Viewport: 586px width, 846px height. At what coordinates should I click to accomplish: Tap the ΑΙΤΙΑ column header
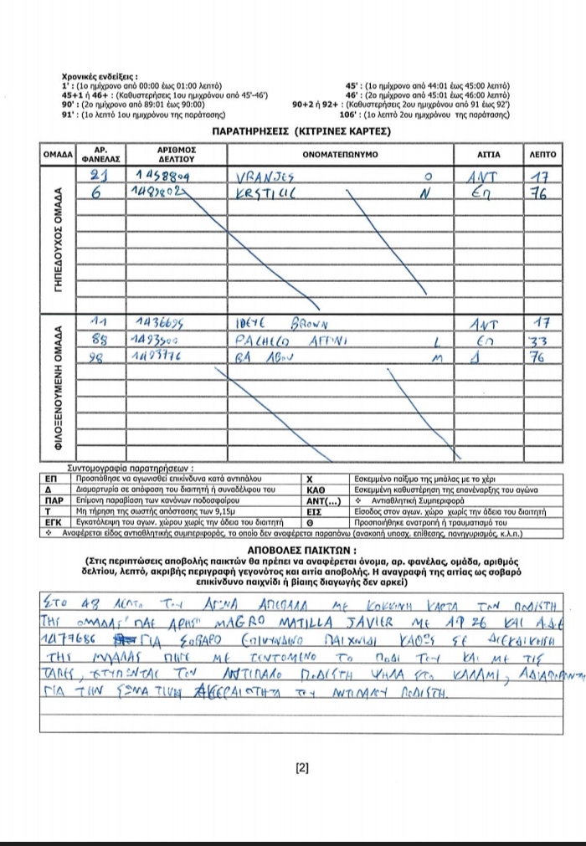pyautogui.click(x=489, y=155)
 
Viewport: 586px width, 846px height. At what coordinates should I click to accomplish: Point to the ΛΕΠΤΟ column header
pyautogui.click(x=542, y=155)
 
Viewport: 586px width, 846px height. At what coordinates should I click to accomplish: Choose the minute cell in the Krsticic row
pyautogui.click(x=540, y=193)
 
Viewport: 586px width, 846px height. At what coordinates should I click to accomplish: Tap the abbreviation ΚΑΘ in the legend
pyautogui.click(x=316, y=489)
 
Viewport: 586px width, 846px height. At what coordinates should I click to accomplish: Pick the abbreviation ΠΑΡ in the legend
pyautogui.click(x=54, y=500)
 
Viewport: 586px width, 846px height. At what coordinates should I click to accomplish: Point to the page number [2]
pyautogui.click(x=302, y=768)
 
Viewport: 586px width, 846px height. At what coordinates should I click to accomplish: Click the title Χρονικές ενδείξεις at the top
pyautogui.click(x=105, y=75)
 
